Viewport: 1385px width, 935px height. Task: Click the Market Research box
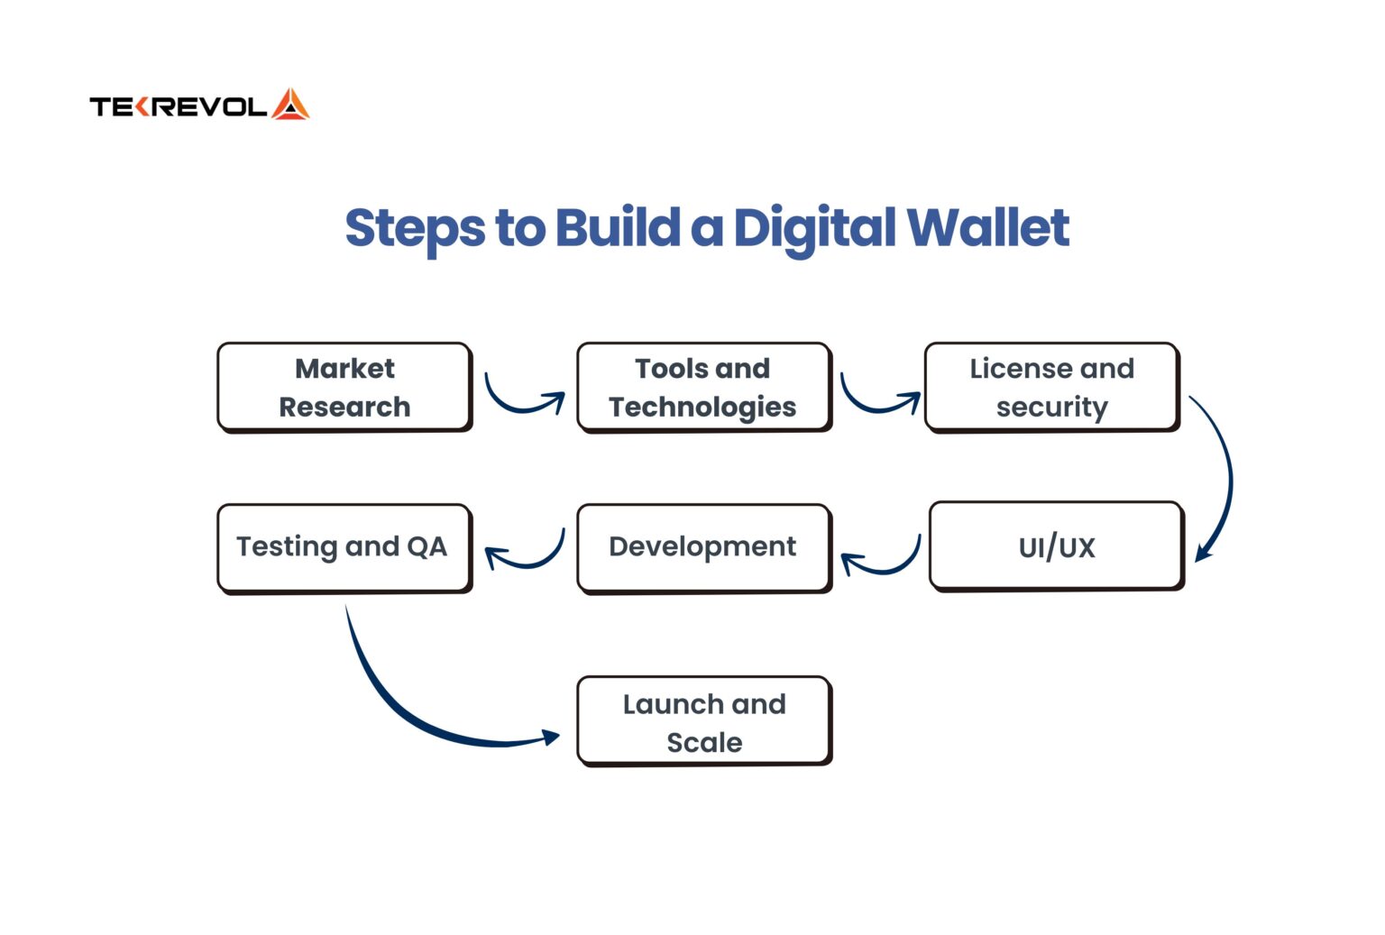(x=344, y=387)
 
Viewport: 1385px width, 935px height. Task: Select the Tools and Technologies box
(x=703, y=387)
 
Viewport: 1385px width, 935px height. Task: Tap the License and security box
(x=1051, y=387)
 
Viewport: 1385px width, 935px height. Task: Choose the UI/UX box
(x=1056, y=546)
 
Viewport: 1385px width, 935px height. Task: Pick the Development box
(x=703, y=547)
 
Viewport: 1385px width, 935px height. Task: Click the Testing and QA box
(x=344, y=547)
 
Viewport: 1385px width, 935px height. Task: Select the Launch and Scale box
(x=703, y=721)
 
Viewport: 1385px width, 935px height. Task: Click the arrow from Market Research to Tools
(x=521, y=402)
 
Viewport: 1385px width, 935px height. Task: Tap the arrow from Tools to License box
(x=877, y=402)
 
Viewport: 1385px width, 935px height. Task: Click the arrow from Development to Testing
(x=527, y=558)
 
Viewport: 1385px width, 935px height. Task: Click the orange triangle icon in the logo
(x=290, y=105)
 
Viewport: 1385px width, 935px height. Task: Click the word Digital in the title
(x=815, y=228)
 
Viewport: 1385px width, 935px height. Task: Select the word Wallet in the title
(x=988, y=227)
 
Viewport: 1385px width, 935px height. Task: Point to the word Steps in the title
(x=415, y=229)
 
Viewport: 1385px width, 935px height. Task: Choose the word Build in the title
(x=617, y=227)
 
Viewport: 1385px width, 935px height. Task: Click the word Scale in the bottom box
(x=704, y=742)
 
